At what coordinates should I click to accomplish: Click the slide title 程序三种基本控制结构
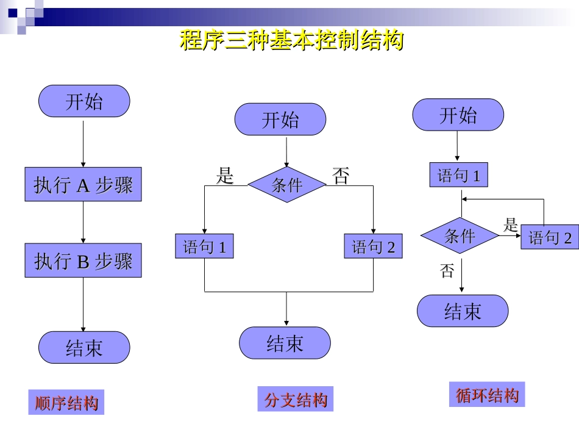(291, 40)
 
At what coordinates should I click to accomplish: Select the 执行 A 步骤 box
(83, 184)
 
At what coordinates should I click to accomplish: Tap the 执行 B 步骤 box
(83, 261)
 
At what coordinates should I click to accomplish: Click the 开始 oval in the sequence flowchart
(84, 101)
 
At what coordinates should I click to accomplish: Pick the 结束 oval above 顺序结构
(84, 348)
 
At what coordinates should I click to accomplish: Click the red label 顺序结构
(66, 403)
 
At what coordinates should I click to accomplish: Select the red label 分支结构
(296, 400)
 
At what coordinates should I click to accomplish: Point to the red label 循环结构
(487, 395)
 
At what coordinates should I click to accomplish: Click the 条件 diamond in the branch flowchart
(286, 184)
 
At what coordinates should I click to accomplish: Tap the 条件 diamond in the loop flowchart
(460, 235)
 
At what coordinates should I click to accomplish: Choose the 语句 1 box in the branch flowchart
(204, 246)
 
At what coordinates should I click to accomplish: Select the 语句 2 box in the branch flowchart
(373, 246)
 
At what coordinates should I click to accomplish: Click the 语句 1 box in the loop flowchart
(459, 176)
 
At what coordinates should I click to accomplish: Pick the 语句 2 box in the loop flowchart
(550, 237)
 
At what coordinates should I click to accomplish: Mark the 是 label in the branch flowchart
(225, 176)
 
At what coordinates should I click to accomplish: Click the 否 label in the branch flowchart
(341, 176)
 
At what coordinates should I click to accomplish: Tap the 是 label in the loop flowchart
(510, 224)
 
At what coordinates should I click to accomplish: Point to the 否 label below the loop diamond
(447, 270)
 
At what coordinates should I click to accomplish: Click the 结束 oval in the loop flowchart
(463, 311)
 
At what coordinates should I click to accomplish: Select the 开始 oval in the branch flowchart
(280, 120)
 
